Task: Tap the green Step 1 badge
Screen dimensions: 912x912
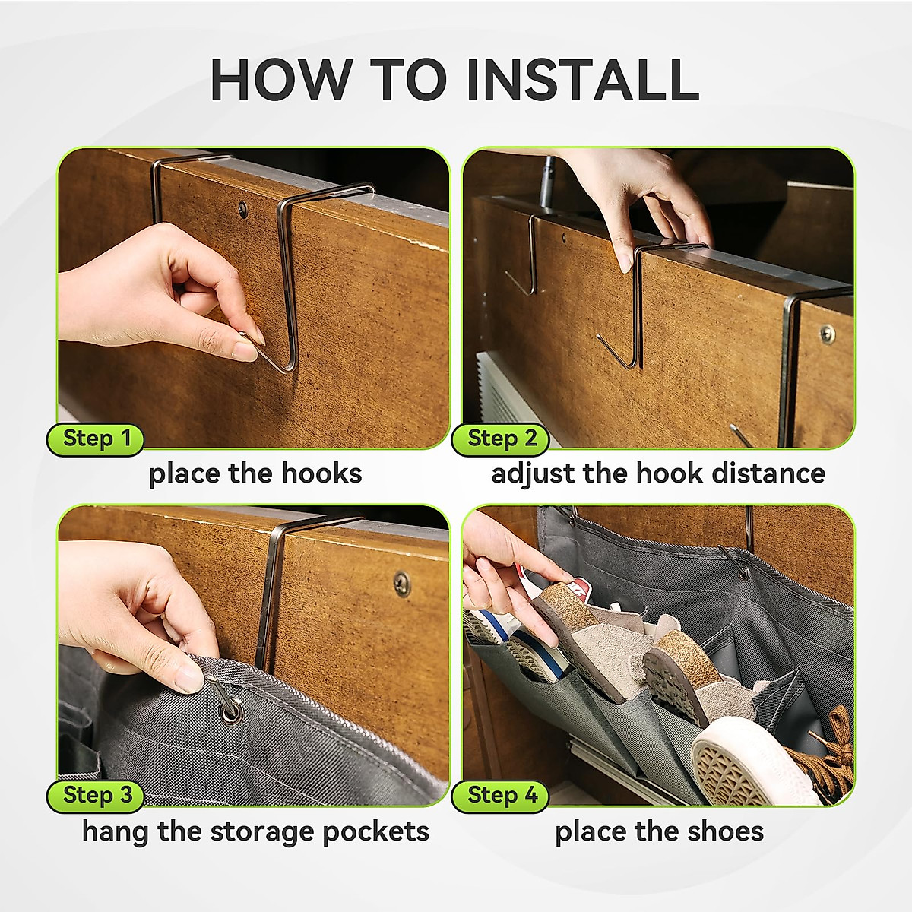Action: (97, 439)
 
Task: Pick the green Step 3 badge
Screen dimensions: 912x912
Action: (97, 796)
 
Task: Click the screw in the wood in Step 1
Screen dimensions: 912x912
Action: (243, 206)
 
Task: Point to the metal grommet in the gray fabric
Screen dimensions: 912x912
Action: (229, 711)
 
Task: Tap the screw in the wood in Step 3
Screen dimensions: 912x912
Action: (401, 581)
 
